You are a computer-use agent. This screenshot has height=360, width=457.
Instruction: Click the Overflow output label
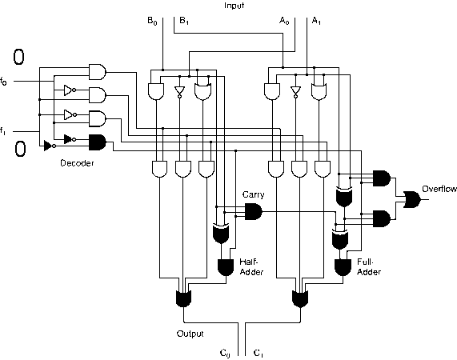point(439,189)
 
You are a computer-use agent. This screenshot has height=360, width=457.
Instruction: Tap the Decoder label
point(77,163)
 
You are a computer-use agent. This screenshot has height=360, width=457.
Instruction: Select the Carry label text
point(253,194)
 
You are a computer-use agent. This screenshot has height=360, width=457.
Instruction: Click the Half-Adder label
point(251,266)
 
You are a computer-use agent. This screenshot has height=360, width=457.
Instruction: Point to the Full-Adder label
point(369,266)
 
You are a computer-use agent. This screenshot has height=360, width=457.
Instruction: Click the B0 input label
point(152,21)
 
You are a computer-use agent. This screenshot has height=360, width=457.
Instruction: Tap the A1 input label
point(316,21)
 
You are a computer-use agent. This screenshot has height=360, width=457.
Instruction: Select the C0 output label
point(225,353)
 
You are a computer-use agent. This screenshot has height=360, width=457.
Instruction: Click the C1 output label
point(259,353)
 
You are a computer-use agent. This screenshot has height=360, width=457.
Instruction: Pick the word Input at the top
point(234,6)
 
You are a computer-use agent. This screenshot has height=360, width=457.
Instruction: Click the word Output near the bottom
point(190,334)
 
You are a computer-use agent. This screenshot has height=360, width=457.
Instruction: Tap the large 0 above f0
point(18,57)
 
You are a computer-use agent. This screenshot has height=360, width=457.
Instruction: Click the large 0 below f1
point(20,149)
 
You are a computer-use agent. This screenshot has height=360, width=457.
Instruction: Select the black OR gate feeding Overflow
point(412,199)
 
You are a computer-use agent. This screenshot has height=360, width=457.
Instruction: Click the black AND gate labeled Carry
point(253,212)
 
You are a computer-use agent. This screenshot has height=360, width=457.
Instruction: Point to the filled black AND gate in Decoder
point(98,142)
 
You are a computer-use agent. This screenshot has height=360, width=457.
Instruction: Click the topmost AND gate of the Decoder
point(98,72)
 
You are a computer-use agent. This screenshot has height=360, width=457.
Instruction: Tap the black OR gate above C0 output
point(183,298)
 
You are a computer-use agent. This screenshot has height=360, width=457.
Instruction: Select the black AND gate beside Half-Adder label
point(226,267)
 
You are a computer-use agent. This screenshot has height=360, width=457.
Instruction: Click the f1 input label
point(2,130)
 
